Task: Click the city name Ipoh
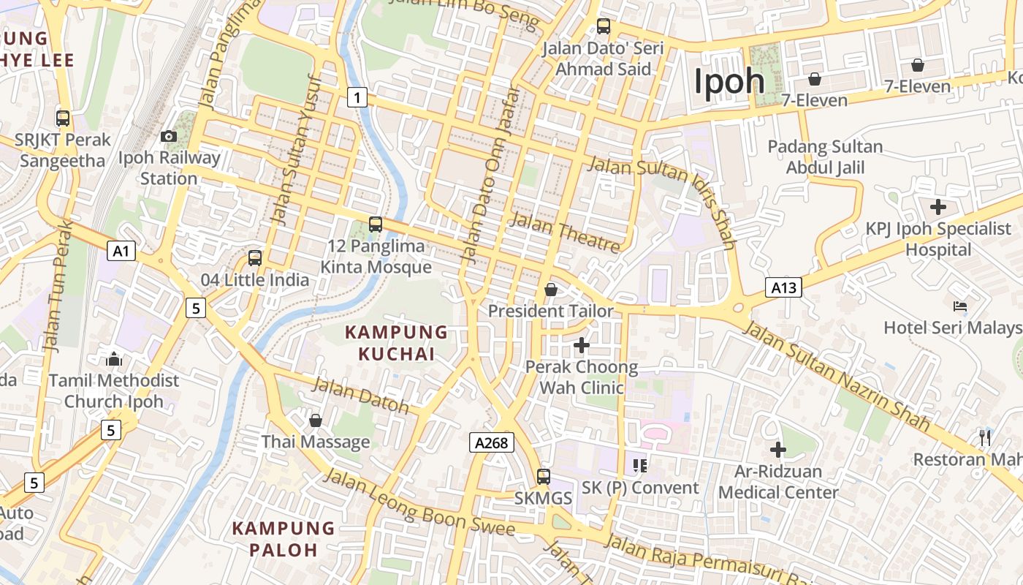point(729,81)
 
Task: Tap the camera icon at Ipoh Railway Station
point(169,136)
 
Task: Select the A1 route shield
point(121,252)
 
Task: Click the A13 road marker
point(784,288)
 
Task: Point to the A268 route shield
point(491,442)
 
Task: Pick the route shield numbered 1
point(357,97)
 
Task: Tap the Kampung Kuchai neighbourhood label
point(396,343)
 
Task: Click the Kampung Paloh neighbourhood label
point(284,538)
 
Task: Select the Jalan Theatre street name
point(566,232)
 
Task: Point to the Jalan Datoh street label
point(361,396)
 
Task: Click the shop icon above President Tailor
point(551,290)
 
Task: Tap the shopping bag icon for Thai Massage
point(316,420)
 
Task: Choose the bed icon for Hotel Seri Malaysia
point(960,306)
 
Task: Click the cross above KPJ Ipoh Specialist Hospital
point(938,207)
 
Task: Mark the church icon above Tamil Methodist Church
point(114,359)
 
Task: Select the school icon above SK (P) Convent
point(640,466)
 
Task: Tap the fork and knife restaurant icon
point(985,438)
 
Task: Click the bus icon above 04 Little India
point(255,258)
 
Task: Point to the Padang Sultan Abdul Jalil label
point(825,157)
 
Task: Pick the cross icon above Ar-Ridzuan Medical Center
point(778,449)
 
